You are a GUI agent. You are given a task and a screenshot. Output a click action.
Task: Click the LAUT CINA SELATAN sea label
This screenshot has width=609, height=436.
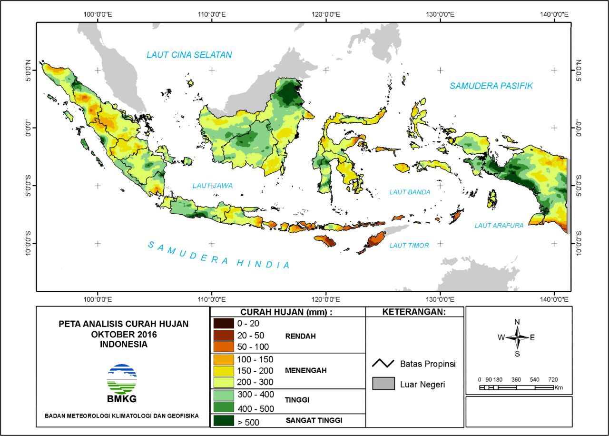point(189,55)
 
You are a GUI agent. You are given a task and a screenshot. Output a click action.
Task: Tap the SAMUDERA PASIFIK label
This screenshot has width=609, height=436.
point(491,86)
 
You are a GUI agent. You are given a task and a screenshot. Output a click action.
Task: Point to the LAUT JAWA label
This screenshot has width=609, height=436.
point(213,186)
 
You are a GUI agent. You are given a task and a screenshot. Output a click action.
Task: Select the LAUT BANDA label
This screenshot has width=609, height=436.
point(410,192)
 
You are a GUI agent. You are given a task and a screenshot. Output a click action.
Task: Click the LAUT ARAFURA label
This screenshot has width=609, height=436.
point(499,226)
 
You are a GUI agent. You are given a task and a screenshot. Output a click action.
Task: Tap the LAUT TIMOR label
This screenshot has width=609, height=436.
point(409,246)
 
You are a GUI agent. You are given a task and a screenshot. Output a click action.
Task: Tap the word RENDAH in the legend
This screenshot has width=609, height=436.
point(300,336)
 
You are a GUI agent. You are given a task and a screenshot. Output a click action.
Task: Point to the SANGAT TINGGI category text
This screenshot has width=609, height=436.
point(314,421)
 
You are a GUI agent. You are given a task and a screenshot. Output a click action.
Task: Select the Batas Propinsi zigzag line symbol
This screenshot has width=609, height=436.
point(383,364)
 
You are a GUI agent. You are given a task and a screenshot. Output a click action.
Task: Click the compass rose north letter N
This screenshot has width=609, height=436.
point(517,322)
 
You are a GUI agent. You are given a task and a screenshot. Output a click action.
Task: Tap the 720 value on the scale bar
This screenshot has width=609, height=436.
point(553,379)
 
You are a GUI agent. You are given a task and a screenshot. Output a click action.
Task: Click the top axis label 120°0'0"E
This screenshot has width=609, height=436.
point(325,15)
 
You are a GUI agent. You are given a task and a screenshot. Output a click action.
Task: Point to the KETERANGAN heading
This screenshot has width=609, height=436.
point(414,312)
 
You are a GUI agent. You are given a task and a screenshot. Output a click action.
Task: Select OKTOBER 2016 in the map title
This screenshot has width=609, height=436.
point(124,334)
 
